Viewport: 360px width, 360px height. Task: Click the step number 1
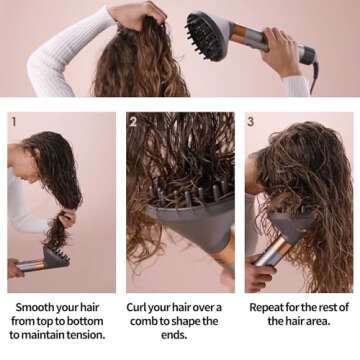13,123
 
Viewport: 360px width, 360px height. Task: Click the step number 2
133,123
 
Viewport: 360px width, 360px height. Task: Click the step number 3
251,123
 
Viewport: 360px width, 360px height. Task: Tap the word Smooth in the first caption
31,307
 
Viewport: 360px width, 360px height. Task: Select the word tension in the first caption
85,335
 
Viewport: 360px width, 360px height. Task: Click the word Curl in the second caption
140,307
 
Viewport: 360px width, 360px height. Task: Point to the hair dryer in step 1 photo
40,263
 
